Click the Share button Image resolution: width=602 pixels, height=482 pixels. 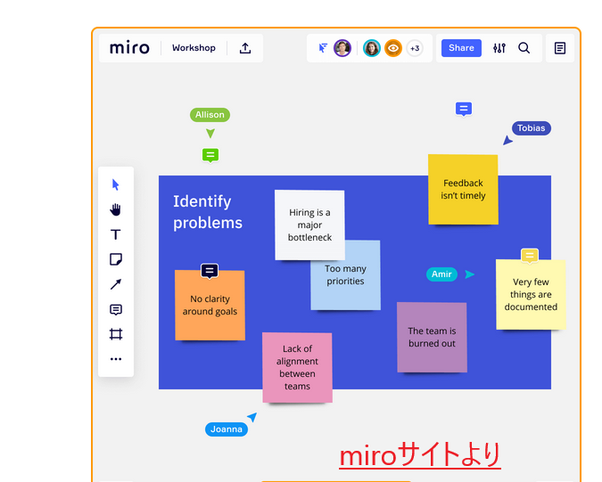point(461,48)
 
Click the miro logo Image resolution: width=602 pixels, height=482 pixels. point(129,48)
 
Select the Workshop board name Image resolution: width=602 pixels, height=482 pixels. point(194,48)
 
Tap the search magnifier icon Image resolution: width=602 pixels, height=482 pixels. point(524,48)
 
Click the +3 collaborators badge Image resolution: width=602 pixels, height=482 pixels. point(415,48)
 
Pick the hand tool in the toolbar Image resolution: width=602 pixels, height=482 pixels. point(115,209)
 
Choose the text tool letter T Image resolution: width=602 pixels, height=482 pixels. point(115,234)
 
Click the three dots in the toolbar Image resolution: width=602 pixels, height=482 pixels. point(115,359)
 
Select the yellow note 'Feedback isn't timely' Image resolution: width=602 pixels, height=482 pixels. point(463,189)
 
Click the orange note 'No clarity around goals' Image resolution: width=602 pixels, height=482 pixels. point(210,306)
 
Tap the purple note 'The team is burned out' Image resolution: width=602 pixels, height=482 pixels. point(432,337)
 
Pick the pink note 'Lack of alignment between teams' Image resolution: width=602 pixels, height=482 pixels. point(297,367)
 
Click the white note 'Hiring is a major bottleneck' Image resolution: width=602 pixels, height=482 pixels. point(309,225)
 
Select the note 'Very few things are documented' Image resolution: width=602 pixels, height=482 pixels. point(531,295)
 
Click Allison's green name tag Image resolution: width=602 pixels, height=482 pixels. point(210,115)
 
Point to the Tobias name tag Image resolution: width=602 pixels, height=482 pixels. point(531,128)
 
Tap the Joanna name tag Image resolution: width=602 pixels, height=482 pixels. point(227,429)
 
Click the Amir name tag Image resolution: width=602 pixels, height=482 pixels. point(441,274)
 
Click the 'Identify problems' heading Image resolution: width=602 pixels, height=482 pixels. point(207,212)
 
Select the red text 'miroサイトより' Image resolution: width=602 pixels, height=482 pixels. point(419,455)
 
